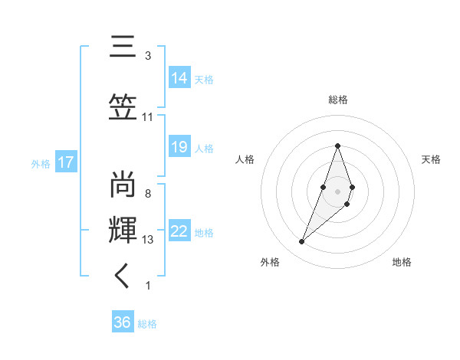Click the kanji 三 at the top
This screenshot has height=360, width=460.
pyautogui.click(x=123, y=47)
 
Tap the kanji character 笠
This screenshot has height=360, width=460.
pyautogui.click(x=123, y=106)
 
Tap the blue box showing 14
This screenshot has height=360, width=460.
pyautogui.click(x=179, y=78)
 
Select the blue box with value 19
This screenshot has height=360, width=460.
pyautogui.click(x=179, y=147)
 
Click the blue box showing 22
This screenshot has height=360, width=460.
pyautogui.click(x=179, y=231)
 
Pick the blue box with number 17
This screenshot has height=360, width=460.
pyautogui.click(x=65, y=162)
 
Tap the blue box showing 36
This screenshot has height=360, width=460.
pyautogui.click(x=123, y=322)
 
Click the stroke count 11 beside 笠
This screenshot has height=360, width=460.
pyautogui.click(x=148, y=117)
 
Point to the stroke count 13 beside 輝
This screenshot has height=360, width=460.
pyautogui.click(x=148, y=240)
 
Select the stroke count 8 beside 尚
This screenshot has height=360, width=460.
pyautogui.click(x=148, y=194)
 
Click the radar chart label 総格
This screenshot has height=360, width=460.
pyautogui.click(x=337, y=100)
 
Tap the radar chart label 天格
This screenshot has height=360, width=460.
pyautogui.click(x=431, y=159)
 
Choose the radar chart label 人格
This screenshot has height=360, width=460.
pyautogui.click(x=245, y=159)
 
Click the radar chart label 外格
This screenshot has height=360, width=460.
pyautogui.click(x=270, y=262)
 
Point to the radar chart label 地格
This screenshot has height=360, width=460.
pyautogui.click(x=402, y=262)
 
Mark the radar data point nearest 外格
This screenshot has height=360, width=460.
pyautogui.click(x=302, y=242)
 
